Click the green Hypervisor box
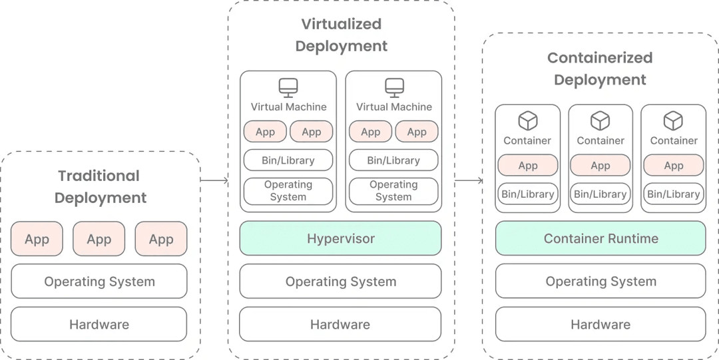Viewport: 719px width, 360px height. [x=340, y=238]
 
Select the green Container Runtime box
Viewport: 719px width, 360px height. [x=600, y=238]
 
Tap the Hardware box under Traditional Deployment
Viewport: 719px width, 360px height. [x=99, y=324]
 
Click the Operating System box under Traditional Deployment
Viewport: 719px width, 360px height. [x=99, y=281]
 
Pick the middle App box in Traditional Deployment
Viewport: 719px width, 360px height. [x=99, y=239]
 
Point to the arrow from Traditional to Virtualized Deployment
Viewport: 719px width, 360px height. [x=214, y=180]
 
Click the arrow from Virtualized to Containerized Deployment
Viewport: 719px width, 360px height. [x=469, y=180]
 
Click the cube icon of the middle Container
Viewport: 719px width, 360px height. [x=600, y=121]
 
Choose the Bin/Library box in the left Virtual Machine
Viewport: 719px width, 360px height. [x=288, y=160]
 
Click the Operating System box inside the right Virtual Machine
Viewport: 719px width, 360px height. [x=393, y=191]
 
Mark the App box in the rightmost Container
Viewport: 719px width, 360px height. [x=673, y=165]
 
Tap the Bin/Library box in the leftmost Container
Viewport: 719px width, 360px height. [x=527, y=194]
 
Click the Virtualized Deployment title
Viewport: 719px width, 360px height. [x=341, y=35]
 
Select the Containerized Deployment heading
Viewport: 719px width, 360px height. [x=600, y=69]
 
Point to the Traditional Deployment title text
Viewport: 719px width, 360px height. [x=100, y=186]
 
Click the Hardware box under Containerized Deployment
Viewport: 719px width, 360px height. [x=600, y=324]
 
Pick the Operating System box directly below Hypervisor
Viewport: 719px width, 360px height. [x=340, y=281]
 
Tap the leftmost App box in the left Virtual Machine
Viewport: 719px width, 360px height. [x=265, y=132]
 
